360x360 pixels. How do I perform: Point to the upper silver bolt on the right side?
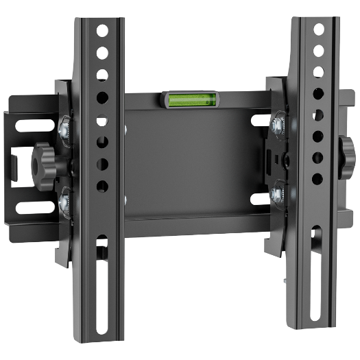pyautogui.click(x=278, y=123)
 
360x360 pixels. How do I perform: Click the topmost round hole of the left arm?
pyautogui.click(x=101, y=30)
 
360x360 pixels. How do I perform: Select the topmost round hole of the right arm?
pyautogui.click(x=318, y=29)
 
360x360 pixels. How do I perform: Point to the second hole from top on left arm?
pyautogui.click(x=101, y=53)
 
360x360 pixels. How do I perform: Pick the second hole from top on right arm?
pyautogui.click(x=318, y=51)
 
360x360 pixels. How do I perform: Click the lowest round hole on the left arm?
pyautogui.click(x=101, y=185)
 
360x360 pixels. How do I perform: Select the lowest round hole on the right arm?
pyautogui.click(x=317, y=178)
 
